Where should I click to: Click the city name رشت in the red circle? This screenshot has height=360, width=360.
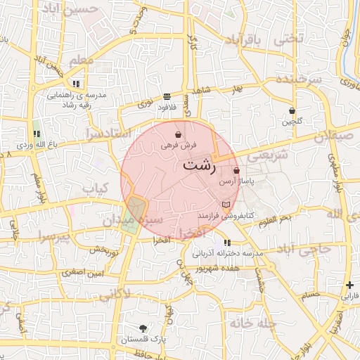coord(199,166)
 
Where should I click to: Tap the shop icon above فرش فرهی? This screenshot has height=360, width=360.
coord(179,134)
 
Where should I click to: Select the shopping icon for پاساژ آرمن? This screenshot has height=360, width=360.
coord(236,170)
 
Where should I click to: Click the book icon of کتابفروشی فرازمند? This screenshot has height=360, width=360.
coord(225,204)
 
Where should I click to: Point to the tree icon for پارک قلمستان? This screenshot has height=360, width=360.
coord(144,328)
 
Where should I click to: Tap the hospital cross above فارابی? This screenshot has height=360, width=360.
coord(349,285)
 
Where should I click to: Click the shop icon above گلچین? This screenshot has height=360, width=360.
coord(292,110)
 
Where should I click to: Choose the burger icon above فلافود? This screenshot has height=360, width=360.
coord(167,96)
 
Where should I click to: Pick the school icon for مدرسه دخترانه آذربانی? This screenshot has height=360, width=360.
coord(226,243)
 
